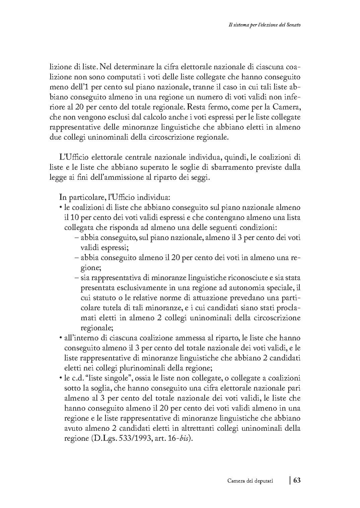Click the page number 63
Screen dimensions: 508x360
297,480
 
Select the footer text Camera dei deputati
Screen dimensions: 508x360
250,481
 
